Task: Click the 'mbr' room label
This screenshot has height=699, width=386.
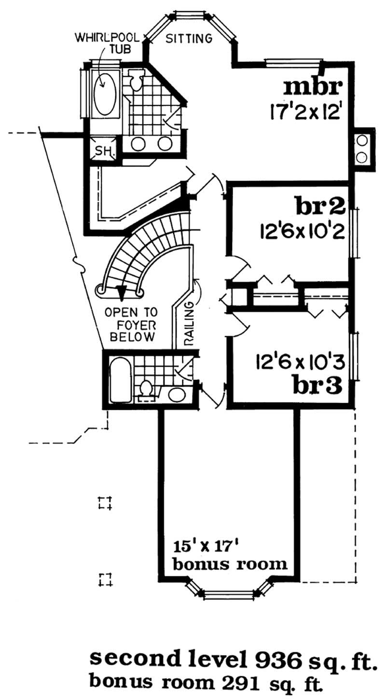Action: point(313,87)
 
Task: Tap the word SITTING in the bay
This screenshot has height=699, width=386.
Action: point(189,39)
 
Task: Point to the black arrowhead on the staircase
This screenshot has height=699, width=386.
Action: point(121,292)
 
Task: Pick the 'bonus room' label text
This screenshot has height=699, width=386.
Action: point(230,564)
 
